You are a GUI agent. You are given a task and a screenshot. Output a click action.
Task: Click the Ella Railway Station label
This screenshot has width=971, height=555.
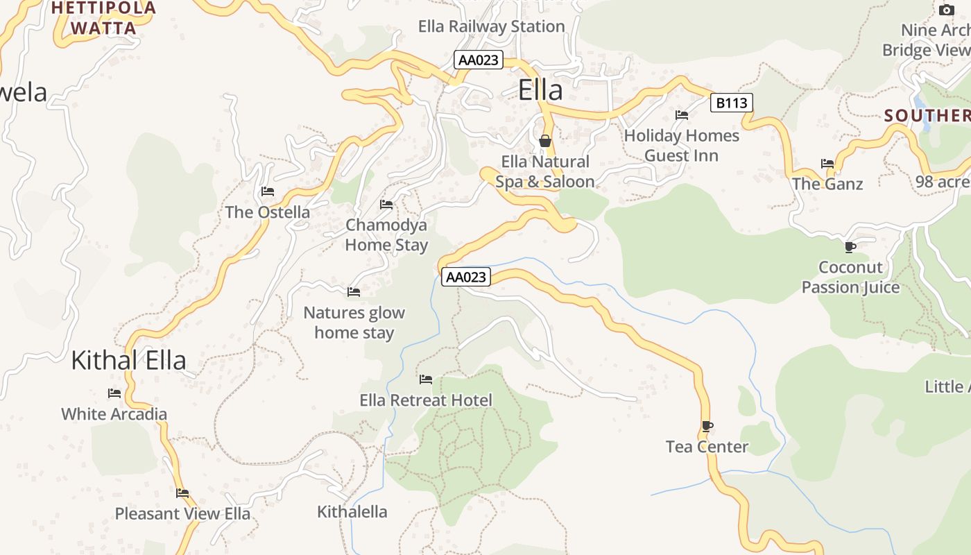[x=491, y=26]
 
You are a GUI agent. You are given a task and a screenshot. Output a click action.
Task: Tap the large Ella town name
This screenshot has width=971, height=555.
[x=540, y=90]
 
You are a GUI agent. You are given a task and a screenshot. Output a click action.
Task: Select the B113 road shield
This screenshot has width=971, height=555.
[x=732, y=103]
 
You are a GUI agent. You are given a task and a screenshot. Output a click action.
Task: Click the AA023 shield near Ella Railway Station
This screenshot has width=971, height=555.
[x=479, y=60]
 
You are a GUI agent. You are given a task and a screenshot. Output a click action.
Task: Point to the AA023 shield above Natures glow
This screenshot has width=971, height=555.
[x=466, y=277]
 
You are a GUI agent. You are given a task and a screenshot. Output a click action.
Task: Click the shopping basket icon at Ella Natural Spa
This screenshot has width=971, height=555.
[x=545, y=141]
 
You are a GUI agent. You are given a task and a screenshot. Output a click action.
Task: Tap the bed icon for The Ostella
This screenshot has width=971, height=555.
[x=268, y=191]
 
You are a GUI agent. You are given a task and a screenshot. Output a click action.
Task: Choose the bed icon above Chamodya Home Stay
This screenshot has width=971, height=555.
[x=386, y=205]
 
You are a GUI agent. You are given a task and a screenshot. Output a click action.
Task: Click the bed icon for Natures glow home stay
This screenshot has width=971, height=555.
[x=354, y=292]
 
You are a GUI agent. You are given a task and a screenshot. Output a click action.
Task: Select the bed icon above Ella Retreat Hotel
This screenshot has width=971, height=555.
[x=426, y=379]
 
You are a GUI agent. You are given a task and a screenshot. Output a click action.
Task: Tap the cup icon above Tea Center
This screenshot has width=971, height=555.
[x=707, y=426]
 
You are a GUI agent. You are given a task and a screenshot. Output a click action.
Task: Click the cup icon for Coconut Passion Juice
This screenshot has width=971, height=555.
[x=850, y=247]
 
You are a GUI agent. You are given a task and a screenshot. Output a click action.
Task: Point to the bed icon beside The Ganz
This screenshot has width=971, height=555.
[x=827, y=164]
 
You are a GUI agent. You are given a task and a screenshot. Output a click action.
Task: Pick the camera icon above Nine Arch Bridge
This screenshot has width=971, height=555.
[x=947, y=10]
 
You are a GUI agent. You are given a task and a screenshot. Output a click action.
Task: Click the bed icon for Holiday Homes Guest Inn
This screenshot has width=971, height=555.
[x=682, y=115]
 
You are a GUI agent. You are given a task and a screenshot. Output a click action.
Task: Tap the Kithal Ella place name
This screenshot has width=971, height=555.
[x=129, y=361]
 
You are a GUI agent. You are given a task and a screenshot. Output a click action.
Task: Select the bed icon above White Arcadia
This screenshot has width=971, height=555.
[x=114, y=393]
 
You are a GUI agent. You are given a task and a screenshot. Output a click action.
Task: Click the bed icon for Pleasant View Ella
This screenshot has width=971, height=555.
[x=182, y=493]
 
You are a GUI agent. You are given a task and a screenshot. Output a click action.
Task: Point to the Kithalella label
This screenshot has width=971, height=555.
[x=352, y=512]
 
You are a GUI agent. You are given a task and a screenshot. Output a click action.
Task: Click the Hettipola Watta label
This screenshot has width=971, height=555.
[x=104, y=18]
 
